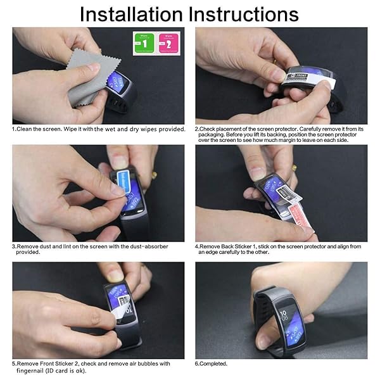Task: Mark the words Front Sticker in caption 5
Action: point(54,364)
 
